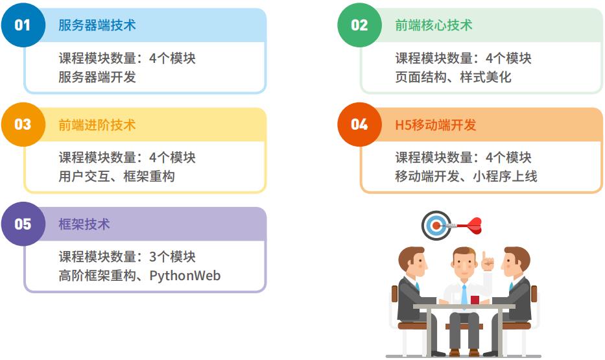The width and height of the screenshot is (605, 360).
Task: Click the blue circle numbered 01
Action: click(23, 25)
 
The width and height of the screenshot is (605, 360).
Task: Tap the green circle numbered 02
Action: click(359, 25)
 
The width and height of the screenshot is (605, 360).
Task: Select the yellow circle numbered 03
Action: click(23, 125)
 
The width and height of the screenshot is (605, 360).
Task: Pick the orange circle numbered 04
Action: click(359, 125)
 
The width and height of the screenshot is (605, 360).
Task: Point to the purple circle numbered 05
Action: click(23, 224)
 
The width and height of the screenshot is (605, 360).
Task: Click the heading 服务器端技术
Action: click(97, 26)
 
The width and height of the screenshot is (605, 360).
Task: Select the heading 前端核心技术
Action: click(434, 26)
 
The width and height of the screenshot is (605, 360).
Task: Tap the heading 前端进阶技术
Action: click(97, 125)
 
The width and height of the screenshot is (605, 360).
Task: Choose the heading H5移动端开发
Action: click(436, 125)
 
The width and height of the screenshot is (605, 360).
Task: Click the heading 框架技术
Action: click(84, 224)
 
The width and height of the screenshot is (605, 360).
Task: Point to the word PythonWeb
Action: click(185, 276)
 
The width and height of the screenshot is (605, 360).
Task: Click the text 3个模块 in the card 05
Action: click(172, 257)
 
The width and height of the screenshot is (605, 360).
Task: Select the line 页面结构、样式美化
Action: click(453, 77)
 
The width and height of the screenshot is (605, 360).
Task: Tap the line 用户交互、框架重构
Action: click(117, 176)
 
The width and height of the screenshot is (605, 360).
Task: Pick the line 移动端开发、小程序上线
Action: click(466, 176)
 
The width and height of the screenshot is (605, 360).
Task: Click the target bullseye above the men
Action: click(436, 226)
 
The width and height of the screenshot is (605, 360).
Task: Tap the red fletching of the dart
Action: click(475, 225)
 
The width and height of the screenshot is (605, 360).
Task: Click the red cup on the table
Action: click(475, 300)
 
